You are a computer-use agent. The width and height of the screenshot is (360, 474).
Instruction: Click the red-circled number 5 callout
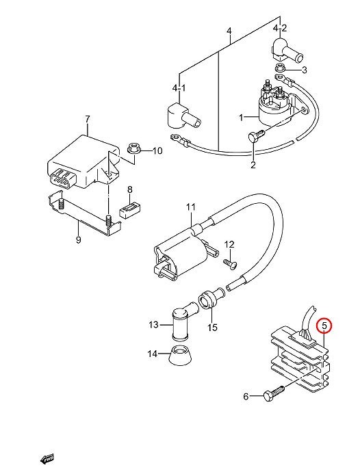tap(324, 326)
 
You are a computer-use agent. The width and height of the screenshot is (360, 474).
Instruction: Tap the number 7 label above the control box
tap(88, 119)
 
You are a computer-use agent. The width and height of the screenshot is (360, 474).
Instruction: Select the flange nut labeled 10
tap(132, 148)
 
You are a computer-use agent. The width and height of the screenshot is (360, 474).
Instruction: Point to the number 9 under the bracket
tap(79, 240)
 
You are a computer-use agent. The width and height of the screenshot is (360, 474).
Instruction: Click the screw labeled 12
tap(231, 263)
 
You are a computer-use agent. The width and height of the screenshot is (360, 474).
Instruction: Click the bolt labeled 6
tap(274, 393)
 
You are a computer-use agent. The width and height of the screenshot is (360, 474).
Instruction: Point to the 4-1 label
tap(179, 88)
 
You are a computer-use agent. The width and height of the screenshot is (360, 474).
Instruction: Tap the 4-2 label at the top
tap(279, 28)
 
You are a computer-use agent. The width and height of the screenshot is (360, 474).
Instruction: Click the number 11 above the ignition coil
tap(191, 207)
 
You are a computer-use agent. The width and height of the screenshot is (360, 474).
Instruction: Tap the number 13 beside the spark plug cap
tap(153, 325)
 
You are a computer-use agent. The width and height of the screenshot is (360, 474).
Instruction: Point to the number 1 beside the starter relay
tap(241, 117)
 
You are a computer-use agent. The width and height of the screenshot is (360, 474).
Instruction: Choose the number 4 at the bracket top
tap(229, 31)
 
